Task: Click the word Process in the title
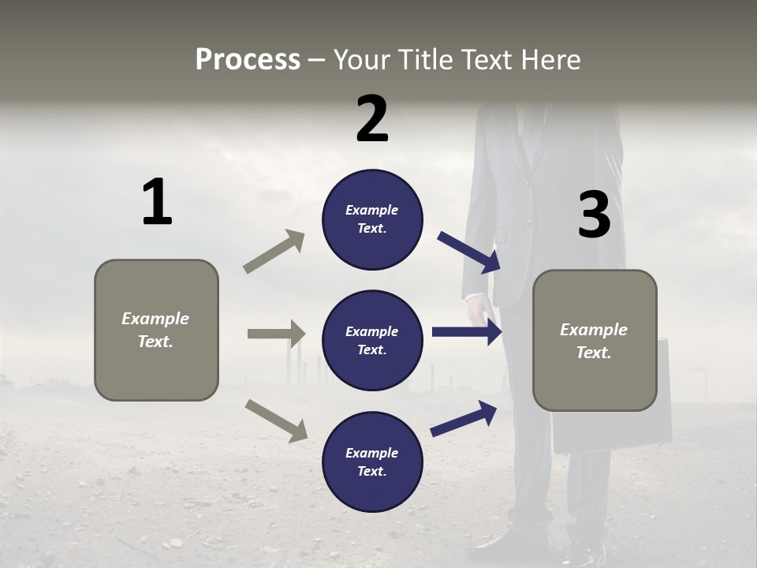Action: [248, 60]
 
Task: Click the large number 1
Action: [157, 203]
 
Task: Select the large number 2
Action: [372, 119]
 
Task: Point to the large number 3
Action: [594, 215]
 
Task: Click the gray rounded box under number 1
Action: [156, 330]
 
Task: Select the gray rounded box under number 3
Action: [595, 341]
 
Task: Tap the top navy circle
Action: [372, 219]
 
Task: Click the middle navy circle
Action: [372, 341]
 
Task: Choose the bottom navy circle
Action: [372, 462]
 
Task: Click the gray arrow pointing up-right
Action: [274, 252]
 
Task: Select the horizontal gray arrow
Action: [276, 334]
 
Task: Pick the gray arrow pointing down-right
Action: [276, 420]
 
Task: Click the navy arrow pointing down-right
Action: [468, 252]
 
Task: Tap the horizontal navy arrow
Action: [467, 331]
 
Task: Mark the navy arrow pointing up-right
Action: [464, 418]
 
